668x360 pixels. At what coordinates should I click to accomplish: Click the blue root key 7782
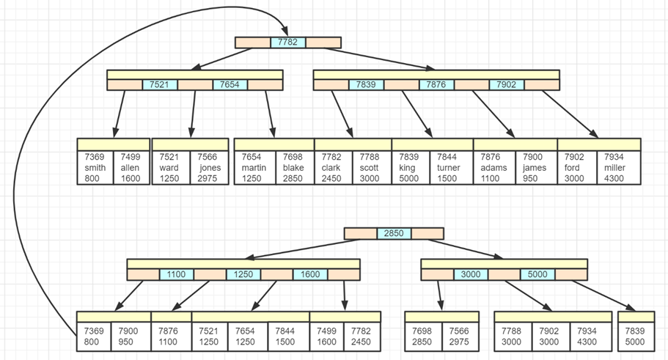(x=288, y=43)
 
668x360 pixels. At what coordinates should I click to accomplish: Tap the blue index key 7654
(x=230, y=85)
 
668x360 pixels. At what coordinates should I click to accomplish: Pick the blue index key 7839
(x=366, y=85)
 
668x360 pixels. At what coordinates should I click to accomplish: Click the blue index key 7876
(x=436, y=85)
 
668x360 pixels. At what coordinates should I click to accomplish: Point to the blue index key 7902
(x=507, y=85)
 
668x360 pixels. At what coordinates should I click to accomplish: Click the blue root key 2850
(x=394, y=234)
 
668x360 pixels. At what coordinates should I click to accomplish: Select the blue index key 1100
(x=177, y=274)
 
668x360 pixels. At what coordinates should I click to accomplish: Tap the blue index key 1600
(x=311, y=274)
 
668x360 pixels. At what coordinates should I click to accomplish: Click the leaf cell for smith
(x=95, y=167)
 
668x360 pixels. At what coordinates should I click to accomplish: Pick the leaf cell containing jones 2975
(x=210, y=167)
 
